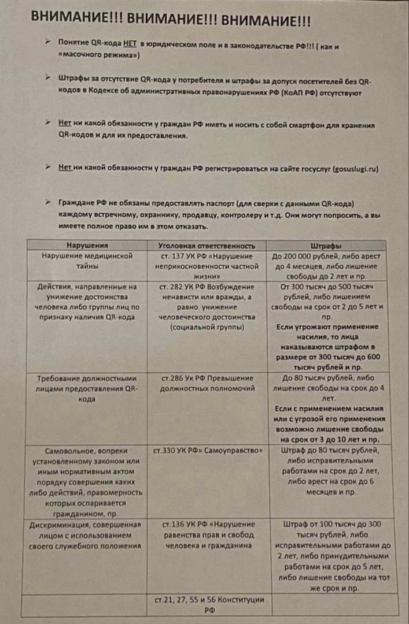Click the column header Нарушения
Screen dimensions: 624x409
point(87,245)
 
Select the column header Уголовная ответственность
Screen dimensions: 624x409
point(207,245)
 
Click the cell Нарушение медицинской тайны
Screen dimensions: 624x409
point(87,261)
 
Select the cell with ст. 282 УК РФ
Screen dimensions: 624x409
point(207,307)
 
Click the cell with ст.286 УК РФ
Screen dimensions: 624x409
point(207,382)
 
